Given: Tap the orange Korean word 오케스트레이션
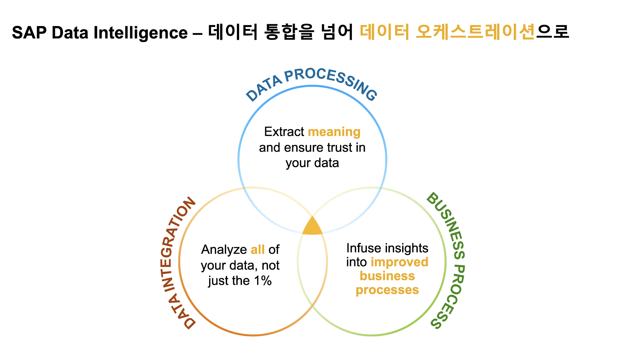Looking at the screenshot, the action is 475,32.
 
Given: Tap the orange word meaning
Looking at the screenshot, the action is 334,132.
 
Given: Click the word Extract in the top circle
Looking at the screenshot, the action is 284,132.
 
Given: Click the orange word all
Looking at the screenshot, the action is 257,249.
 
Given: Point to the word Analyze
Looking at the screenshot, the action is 224,250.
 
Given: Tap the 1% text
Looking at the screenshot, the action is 263,281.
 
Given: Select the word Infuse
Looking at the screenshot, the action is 363,248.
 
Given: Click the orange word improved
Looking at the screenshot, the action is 399,262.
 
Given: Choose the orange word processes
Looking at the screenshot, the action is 387,290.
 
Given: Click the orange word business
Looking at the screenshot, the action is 387,276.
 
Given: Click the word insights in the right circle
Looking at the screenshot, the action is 405,248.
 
